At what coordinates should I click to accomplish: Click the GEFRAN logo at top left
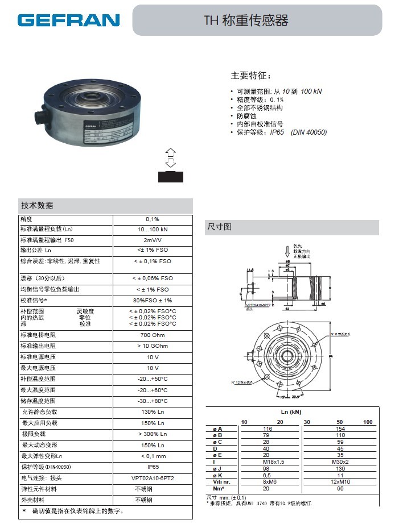pyautogui.click(x=68, y=20)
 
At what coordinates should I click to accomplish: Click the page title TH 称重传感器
pyautogui.click(x=246, y=21)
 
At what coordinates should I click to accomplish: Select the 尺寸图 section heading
pyautogui.click(x=219, y=227)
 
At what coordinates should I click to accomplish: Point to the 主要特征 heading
pyautogui.click(x=251, y=76)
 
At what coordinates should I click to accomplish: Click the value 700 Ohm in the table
pyautogui.click(x=153, y=335)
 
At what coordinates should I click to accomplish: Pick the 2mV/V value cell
pyautogui.click(x=153, y=240)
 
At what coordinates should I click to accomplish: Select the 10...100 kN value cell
pyautogui.click(x=153, y=230)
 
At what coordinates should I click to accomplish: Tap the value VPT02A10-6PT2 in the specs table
pyautogui.click(x=153, y=478)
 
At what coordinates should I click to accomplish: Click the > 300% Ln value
pyautogui.click(x=153, y=434)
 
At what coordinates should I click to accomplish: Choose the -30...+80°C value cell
pyautogui.click(x=153, y=401)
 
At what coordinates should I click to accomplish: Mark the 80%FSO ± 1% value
pyautogui.click(x=153, y=300)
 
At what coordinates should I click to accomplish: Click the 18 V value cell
pyautogui.click(x=153, y=368)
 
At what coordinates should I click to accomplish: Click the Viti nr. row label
pyautogui.click(x=221, y=483)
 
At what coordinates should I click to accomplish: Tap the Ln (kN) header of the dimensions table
pyautogui.click(x=291, y=411)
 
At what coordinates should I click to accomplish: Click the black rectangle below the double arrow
pyautogui.click(x=171, y=176)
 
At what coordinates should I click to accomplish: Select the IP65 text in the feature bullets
pyautogui.click(x=277, y=132)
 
